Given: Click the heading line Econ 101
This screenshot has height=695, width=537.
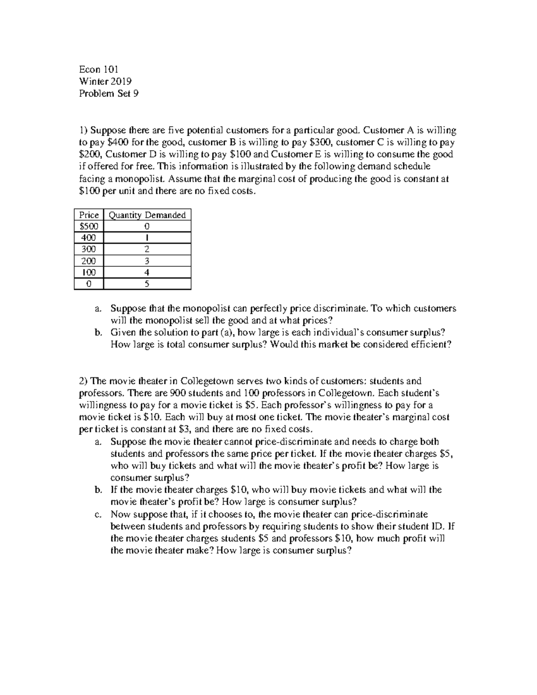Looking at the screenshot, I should tap(98, 69).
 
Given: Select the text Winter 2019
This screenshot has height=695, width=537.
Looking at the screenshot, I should tap(105, 81).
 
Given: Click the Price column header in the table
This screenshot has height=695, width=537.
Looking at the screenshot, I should tap(89, 215).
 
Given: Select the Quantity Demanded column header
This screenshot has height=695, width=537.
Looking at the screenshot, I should tap(147, 215).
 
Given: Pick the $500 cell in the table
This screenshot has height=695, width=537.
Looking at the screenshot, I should tap(89, 226).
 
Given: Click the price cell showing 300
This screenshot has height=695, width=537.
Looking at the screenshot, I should tap(89, 249).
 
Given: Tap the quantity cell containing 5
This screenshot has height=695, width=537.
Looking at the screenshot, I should tap(147, 284).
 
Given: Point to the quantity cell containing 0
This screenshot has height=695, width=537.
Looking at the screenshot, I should tap(147, 226).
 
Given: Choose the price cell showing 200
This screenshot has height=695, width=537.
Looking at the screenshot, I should tap(89, 261).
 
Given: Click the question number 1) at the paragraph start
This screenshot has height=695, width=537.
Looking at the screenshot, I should tap(84, 130).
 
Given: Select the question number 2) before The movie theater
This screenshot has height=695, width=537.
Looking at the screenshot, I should tap(84, 381).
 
